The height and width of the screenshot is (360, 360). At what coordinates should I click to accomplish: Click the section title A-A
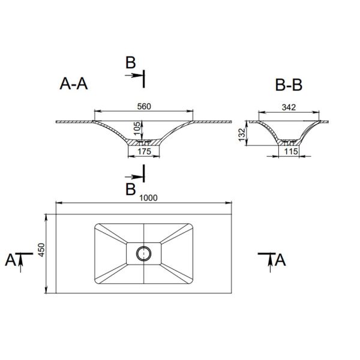point(74,85)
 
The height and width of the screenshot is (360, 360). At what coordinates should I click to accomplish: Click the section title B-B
point(289,85)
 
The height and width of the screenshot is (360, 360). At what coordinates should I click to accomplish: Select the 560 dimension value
point(143,106)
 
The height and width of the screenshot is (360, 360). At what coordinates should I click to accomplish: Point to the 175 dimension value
point(144,152)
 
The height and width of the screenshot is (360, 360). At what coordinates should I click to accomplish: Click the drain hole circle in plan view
point(144,253)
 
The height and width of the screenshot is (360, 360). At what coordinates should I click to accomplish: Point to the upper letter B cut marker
point(130,62)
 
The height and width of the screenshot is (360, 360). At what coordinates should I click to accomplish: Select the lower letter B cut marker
point(130,190)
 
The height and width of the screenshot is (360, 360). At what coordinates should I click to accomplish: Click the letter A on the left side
point(10,260)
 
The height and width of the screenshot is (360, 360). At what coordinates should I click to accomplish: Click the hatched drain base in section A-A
point(144,143)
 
